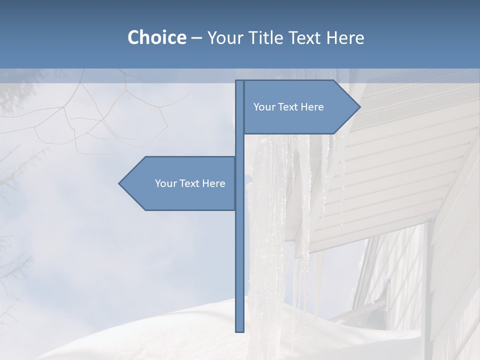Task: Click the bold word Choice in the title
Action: coord(156,37)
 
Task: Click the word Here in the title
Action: coord(345,37)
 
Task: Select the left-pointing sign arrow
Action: coord(180,183)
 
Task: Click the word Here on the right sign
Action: coord(312,107)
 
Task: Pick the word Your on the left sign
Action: coord(165,183)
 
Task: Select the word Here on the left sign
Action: coord(213,183)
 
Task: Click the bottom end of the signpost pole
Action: coord(239,329)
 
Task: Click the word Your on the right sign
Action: coord(264,107)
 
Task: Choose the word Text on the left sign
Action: coord(190,183)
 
